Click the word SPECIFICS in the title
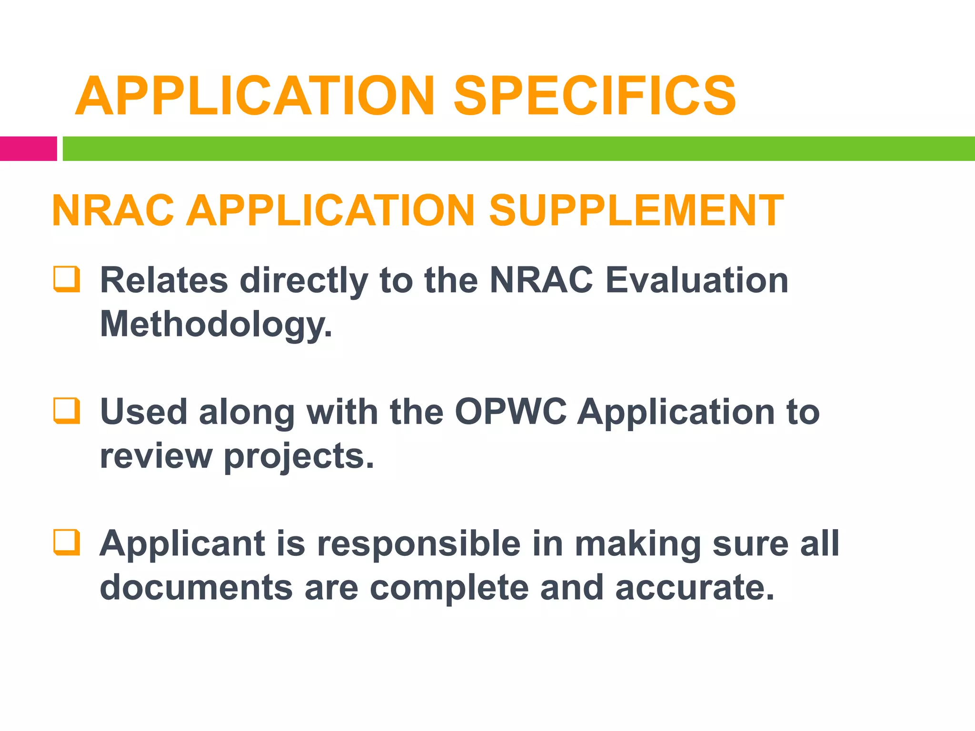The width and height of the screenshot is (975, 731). [x=595, y=97]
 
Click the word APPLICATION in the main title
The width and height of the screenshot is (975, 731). [x=255, y=97]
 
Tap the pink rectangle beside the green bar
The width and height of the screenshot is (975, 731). [x=28, y=148]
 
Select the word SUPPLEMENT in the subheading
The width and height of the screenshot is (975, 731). [x=636, y=210]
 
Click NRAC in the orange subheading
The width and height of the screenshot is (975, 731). [x=113, y=210]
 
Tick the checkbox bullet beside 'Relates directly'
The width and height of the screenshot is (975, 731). [x=66, y=279]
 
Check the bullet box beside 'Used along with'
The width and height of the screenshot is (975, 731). [x=66, y=410]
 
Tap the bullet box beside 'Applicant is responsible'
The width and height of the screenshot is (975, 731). [x=66, y=542]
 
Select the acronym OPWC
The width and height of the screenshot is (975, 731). [x=510, y=412]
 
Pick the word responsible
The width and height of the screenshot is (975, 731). [x=419, y=543]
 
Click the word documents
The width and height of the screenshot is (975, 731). [x=196, y=588]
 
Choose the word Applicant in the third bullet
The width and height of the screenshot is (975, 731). [x=182, y=543]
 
